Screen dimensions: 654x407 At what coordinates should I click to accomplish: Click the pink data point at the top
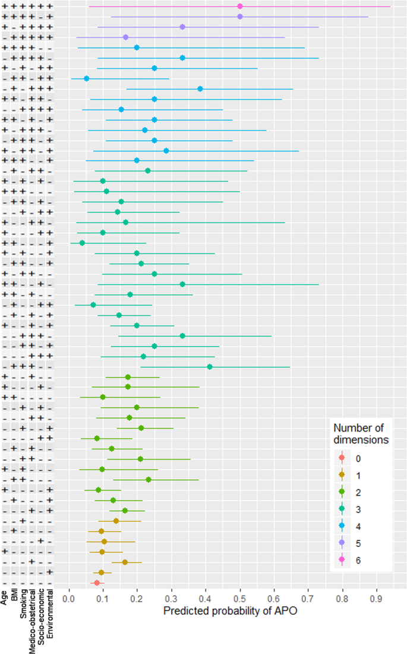pos(240,6)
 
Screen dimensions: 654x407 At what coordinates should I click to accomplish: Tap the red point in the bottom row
pos(97,583)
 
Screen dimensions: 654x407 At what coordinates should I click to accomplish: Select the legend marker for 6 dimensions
pos(342,559)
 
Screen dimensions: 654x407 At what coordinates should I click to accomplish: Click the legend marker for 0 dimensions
pos(342,458)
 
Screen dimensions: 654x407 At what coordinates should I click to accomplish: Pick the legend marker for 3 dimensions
pos(342,509)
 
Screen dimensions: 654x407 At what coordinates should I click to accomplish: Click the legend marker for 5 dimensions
pos(342,543)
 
